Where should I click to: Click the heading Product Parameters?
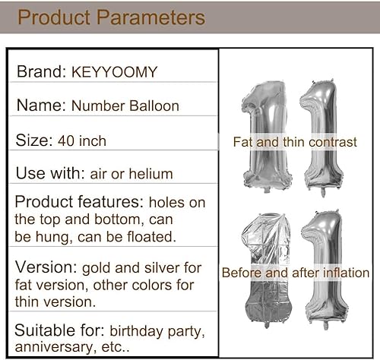(x=111, y=17)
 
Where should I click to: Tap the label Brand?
(x=42, y=71)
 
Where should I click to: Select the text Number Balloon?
(x=125, y=106)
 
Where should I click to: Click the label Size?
(x=33, y=141)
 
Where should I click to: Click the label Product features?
(x=80, y=203)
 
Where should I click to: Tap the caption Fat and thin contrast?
(x=295, y=142)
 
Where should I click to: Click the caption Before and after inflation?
(x=295, y=272)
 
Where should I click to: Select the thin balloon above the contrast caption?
(x=325, y=133)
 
